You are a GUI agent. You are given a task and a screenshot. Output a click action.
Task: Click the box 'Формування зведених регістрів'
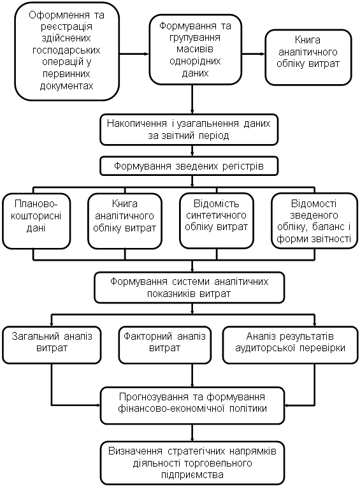(x=189, y=166)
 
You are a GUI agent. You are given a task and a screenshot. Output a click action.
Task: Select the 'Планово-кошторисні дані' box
(x=36, y=221)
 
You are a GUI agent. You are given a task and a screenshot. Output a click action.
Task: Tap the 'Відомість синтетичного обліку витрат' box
(x=216, y=221)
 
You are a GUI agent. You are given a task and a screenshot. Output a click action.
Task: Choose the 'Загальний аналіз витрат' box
(x=52, y=345)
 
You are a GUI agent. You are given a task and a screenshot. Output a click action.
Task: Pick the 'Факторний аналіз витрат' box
(x=165, y=345)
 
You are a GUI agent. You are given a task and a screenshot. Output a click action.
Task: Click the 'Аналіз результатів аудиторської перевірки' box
(x=290, y=345)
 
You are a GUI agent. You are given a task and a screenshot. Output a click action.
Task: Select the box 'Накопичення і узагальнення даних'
(x=189, y=129)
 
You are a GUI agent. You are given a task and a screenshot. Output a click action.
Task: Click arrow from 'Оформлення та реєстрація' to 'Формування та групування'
(x=134, y=54)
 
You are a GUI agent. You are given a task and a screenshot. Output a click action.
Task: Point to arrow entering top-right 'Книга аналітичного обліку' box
(x=254, y=54)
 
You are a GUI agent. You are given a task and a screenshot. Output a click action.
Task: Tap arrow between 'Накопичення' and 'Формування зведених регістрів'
(x=192, y=151)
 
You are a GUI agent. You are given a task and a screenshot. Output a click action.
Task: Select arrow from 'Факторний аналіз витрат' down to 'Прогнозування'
(x=192, y=375)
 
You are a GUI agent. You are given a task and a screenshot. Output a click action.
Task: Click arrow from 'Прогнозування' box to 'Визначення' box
(x=192, y=433)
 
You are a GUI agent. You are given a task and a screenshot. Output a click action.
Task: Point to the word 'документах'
(x=67, y=85)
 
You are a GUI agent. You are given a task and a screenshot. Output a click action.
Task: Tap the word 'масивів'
(x=195, y=49)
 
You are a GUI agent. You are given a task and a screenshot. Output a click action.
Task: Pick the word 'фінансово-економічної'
(x=171, y=409)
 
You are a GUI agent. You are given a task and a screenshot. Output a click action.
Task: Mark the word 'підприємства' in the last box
(x=192, y=475)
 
